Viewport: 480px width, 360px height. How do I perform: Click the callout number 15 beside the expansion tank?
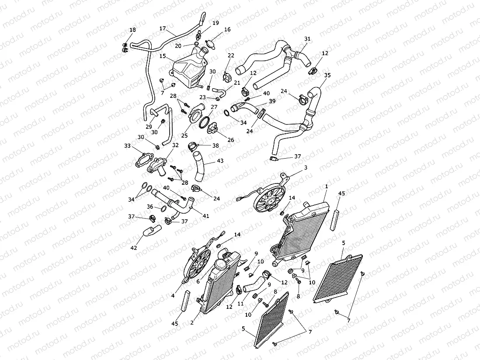[x=163, y=56]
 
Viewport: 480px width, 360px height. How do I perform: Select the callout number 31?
[x=307, y=39]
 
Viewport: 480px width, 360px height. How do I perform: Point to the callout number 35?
[x=327, y=75]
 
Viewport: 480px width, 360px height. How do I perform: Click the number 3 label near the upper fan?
[x=306, y=168]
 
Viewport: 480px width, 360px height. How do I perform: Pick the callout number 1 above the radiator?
[x=326, y=187]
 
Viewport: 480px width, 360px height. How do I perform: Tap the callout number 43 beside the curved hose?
[x=220, y=161]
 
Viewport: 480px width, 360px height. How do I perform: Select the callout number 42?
[x=133, y=248]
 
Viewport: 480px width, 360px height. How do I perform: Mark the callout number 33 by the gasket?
[x=127, y=145]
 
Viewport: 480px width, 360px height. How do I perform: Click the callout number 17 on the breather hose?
[x=163, y=28]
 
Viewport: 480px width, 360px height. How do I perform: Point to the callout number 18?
[x=133, y=30]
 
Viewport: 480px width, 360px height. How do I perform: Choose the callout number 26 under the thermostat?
[x=231, y=140]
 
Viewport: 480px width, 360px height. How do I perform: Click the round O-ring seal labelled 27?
[x=205, y=123]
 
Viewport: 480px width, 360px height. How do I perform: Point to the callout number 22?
[x=231, y=55]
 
